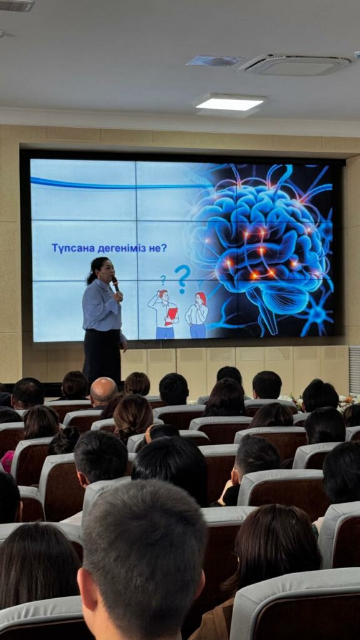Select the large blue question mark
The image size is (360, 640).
coord(183,279)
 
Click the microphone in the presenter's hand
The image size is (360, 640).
coord(116,284)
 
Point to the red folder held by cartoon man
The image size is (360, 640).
coord(171,316)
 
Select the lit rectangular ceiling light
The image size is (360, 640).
coord(229,102)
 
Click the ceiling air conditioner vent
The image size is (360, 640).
coord(295,64)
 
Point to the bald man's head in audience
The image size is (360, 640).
coord(103,391)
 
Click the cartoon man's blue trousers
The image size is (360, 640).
coord(165,332)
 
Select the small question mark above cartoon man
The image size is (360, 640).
coord(163,279)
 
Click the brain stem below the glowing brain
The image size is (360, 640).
coord(264,314)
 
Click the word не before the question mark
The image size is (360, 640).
coord(155,248)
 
